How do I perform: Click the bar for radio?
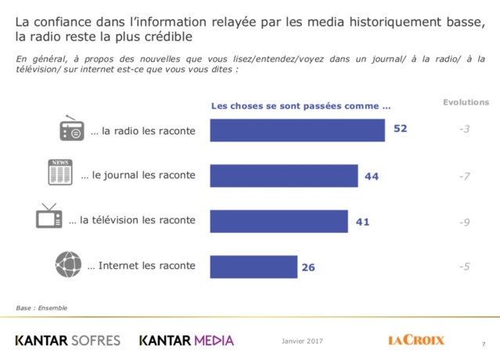[297, 130]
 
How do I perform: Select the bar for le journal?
[284, 176]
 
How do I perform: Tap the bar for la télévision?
[279, 221]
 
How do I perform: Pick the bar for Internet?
[254, 266]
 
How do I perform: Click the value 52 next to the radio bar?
[400, 129]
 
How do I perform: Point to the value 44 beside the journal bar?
[372, 177]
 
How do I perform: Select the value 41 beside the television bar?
[362, 222]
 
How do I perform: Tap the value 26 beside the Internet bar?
[308, 267]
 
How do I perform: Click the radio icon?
[71, 130]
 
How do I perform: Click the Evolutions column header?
[466, 102]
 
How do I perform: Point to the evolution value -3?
[464, 129]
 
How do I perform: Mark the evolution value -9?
[464, 222]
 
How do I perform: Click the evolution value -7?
[464, 177]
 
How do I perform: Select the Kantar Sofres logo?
[68, 341]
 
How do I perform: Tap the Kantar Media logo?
[186, 341]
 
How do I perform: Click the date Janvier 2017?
[301, 341]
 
